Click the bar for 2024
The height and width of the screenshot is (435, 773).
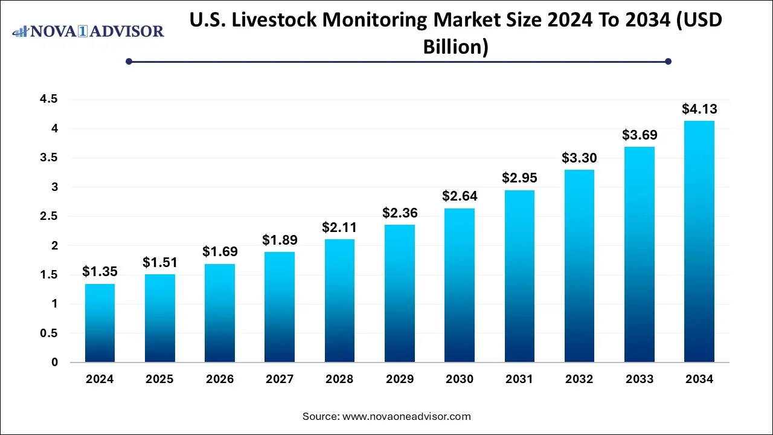(100, 323)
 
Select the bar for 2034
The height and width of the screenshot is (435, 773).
(699, 242)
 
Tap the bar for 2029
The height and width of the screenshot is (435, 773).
(399, 294)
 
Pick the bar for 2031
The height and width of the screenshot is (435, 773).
(519, 276)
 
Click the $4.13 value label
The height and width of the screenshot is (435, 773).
(699, 109)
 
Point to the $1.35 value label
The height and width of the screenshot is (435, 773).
(100, 272)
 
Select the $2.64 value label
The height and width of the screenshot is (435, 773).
(460, 196)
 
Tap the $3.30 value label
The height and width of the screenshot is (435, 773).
(579, 158)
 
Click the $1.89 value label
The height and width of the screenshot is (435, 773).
(280, 240)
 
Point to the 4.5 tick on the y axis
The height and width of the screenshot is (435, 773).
(50, 100)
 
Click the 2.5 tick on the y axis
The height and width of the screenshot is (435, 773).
(50, 216)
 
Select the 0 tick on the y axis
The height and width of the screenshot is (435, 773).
(54, 362)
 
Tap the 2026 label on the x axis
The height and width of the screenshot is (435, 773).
(220, 379)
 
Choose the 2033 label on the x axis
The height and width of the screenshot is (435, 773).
(640, 379)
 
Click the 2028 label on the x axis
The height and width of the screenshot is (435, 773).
(339, 379)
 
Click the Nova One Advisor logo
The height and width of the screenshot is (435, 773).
(88, 31)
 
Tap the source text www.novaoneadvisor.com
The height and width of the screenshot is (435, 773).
(406, 416)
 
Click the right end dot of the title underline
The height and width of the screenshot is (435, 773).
(668, 61)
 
